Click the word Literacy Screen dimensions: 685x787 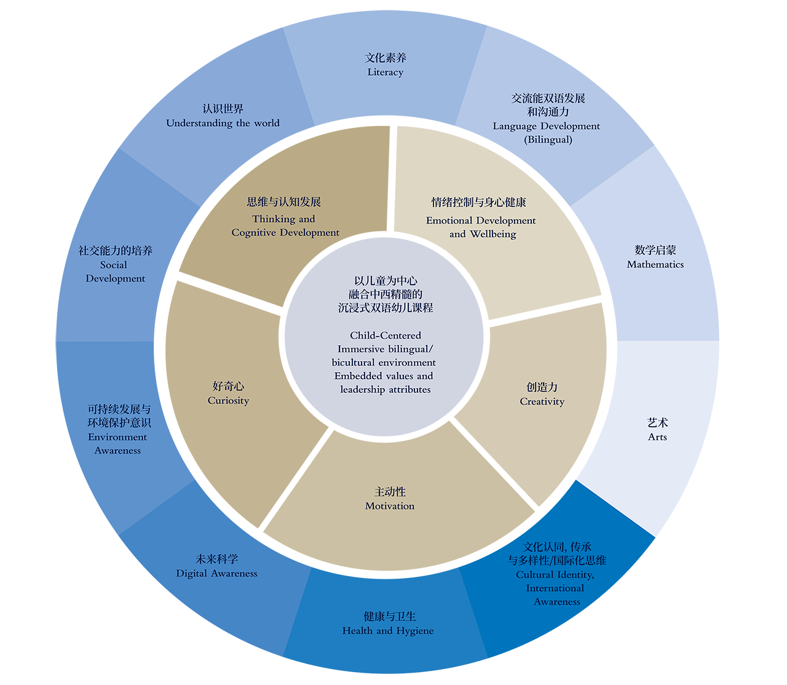point(386,73)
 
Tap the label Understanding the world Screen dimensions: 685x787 point(223,123)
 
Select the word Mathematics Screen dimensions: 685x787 point(655,264)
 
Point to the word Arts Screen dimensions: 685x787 point(657,437)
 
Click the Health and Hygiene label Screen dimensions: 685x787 point(388,631)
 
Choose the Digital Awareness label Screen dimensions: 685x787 point(216,574)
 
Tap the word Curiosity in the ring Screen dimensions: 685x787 point(228,401)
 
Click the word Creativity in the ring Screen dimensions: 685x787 point(542,402)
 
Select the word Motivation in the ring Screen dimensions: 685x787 point(390,506)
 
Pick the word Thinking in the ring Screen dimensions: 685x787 point(274,220)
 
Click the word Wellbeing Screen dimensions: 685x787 point(493,234)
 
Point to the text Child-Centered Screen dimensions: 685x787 point(386,336)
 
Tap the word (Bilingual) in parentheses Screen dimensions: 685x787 point(548,140)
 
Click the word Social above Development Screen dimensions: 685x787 point(114,265)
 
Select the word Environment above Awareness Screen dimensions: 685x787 point(117,437)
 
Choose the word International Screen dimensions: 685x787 point(555,588)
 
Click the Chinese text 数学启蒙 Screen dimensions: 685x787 point(655,250)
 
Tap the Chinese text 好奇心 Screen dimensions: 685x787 point(228,386)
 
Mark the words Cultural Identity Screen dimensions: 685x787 point(555,575)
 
